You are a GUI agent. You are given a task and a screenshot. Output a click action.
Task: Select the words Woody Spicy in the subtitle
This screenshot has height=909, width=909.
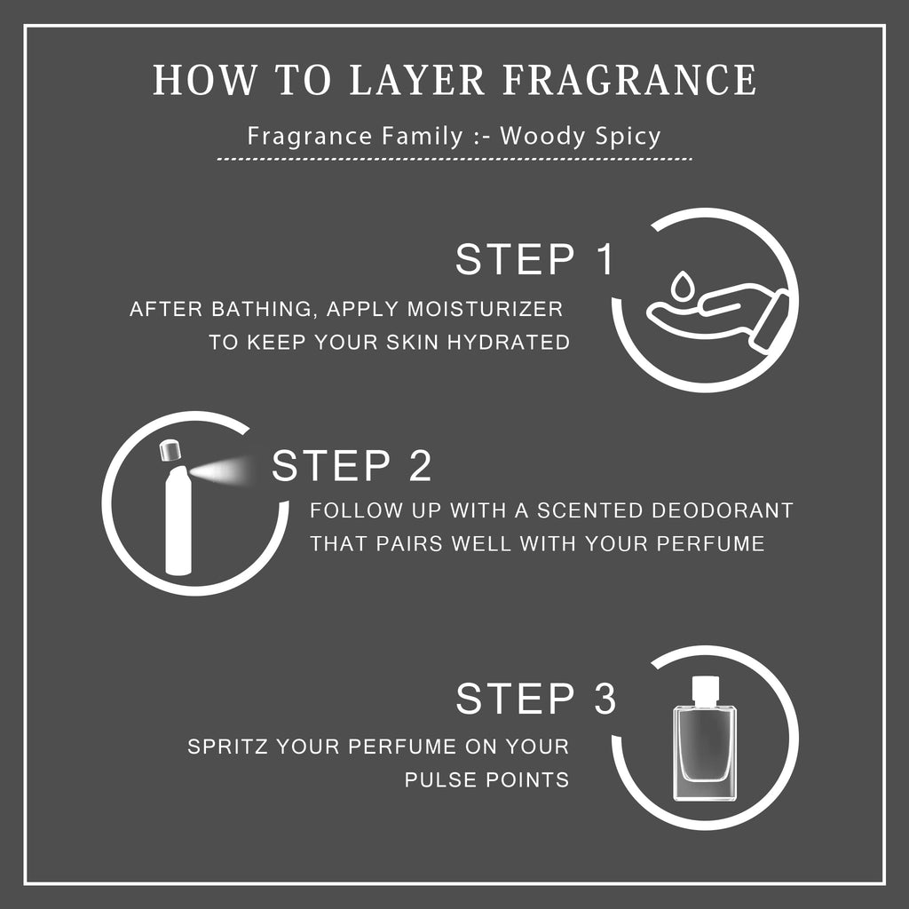(x=581, y=137)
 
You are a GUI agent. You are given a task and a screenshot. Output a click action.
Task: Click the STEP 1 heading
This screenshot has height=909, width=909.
(x=534, y=259)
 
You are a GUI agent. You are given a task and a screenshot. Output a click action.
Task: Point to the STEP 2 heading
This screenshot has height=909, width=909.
(x=352, y=465)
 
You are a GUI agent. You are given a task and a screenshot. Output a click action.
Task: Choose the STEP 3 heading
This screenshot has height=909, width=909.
(x=535, y=698)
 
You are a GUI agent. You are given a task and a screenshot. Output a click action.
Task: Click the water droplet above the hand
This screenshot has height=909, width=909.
(x=683, y=285)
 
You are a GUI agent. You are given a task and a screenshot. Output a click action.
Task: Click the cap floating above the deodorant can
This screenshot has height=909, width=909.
(x=170, y=450)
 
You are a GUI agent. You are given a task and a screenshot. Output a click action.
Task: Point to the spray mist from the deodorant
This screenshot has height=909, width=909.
(x=223, y=470)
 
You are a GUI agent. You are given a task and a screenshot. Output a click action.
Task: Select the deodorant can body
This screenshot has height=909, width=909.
(x=178, y=520)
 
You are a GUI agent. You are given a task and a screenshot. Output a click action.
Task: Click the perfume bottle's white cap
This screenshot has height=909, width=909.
(x=705, y=691)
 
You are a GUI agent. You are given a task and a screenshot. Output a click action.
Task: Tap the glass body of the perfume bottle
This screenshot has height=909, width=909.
(x=704, y=754)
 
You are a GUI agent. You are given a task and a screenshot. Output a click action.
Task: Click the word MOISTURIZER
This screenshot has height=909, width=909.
(x=485, y=309)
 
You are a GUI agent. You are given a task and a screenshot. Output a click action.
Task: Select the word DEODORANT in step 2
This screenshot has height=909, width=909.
(x=723, y=510)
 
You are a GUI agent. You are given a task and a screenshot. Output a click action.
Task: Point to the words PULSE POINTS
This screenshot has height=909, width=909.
(x=486, y=779)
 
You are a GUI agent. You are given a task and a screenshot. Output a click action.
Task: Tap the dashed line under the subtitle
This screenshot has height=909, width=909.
(x=454, y=158)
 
